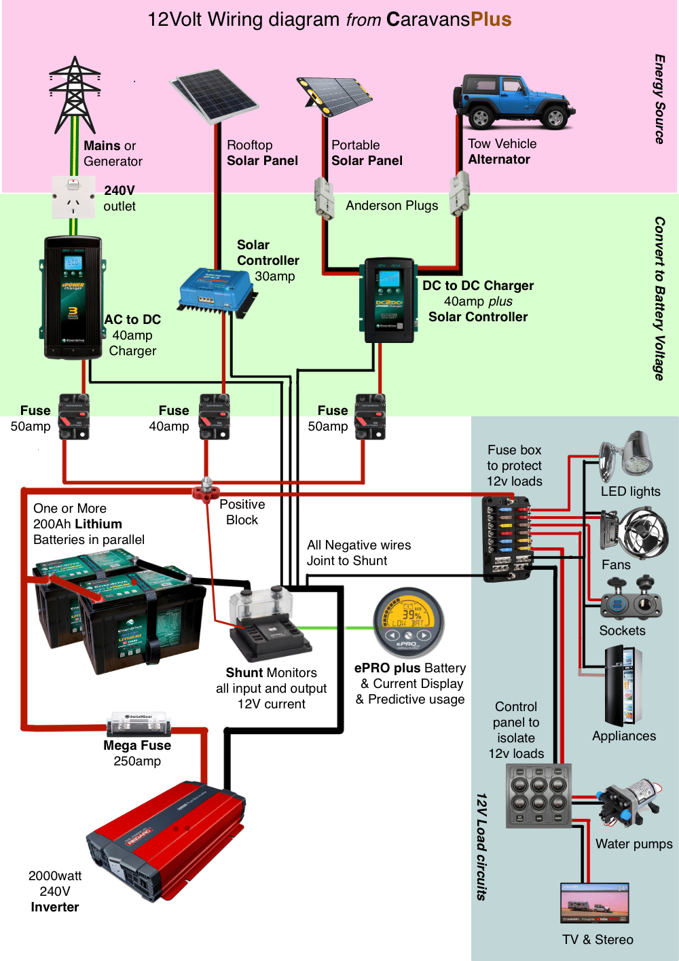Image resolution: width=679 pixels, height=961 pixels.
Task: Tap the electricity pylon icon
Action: pos(75,95)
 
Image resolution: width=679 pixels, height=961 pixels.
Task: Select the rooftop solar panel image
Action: pos(215,95)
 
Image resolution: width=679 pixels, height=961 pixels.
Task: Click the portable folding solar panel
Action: pos(335,93)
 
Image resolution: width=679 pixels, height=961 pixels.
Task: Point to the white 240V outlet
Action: pos(73,196)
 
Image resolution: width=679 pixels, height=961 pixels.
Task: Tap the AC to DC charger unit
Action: pos(73,297)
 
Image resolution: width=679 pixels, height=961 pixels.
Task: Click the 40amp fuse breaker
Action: pos(214,416)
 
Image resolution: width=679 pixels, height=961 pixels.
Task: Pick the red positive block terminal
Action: pos(206,488)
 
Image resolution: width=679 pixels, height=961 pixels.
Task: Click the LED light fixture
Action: pos(627,455)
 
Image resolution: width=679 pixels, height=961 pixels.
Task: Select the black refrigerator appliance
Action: pos(623,686)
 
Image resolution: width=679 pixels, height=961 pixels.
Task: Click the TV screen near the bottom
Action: pos(595,903)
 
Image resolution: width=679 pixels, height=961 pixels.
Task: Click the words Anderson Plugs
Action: pos(392,206)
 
